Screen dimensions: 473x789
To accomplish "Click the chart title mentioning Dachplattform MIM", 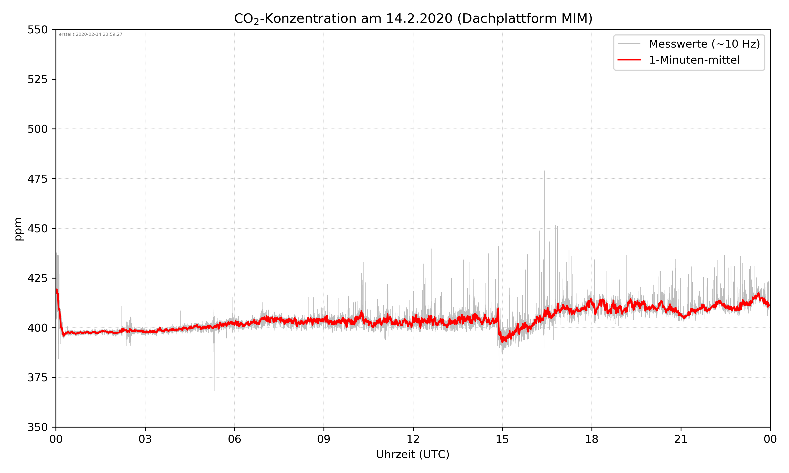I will tap(413, 18).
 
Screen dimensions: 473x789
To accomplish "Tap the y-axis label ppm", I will tap(18, 229).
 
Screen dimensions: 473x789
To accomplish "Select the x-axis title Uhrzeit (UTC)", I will tap(413, 454).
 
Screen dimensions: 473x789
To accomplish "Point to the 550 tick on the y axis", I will tap(37, 30).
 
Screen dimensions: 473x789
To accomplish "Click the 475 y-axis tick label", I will tap(37, 179).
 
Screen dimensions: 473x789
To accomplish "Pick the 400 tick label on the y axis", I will tap(37, 328).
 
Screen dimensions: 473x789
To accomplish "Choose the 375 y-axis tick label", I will tap(37, 378).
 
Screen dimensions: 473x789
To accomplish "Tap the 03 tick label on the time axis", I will tap(145, 439).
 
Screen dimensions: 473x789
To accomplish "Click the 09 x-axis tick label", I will tap(324, 439).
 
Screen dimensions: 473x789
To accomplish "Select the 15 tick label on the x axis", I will tap(502, 439).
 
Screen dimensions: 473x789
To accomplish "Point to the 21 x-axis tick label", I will tap(681, 439).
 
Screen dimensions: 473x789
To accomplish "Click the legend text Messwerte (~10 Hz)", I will tap(704, 44).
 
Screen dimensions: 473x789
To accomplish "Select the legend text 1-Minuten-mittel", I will tap(694, 60).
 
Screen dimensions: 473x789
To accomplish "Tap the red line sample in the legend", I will tap(629, 60).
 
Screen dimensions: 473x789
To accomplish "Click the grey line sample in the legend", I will tap(629, 44).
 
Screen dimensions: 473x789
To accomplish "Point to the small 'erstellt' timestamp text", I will tap(90, 34).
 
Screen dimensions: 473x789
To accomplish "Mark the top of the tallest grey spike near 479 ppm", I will tap(544, 171).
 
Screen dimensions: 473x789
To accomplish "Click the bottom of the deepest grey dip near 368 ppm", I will tap(214, 391).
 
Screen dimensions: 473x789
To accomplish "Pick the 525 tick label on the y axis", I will tap(37, 79).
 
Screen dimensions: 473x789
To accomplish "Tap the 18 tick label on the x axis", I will tap(591, 439).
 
